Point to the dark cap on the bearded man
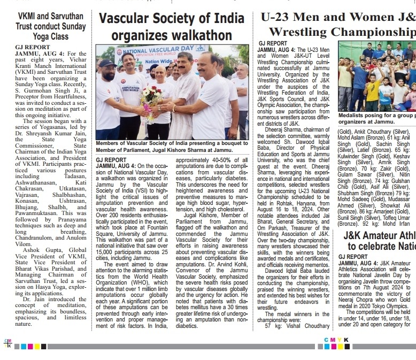pos(106,63)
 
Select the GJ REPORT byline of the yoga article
pos(32,48)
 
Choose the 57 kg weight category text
pos(273,326)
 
